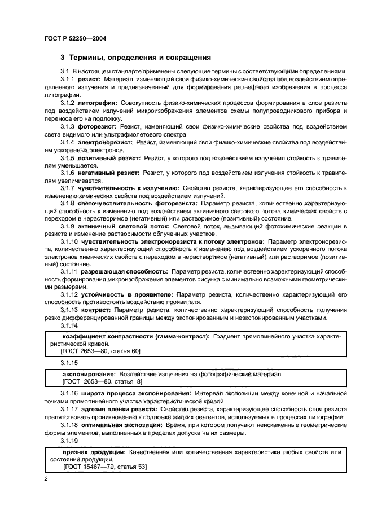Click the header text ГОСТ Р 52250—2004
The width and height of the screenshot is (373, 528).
[75, 38]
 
